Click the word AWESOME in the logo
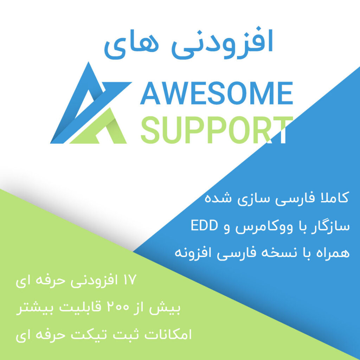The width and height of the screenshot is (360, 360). point(217,93)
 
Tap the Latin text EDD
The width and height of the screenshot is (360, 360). point(204,225)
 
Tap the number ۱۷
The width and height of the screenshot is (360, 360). point(130,280)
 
